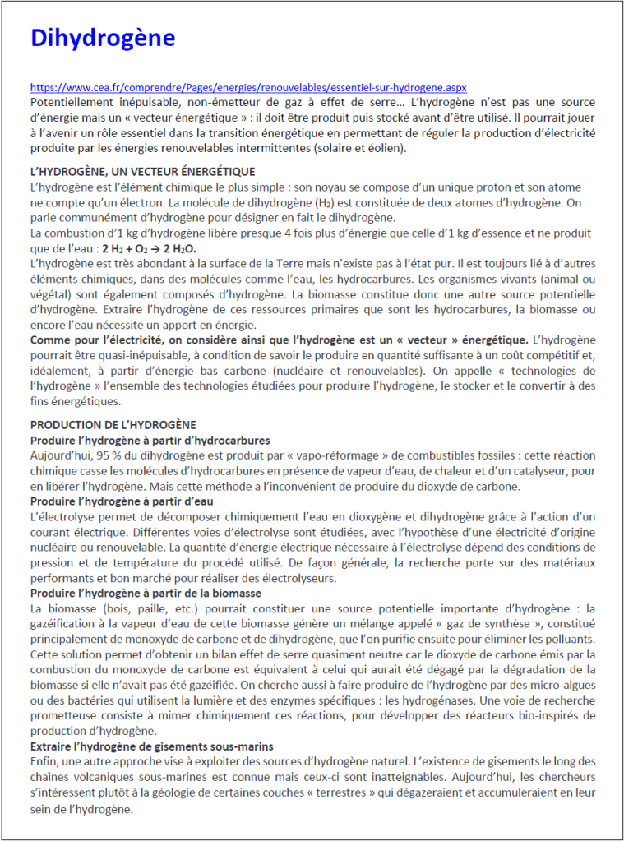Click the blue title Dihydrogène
tap(103, 39)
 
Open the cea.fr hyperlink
tap(248, 87)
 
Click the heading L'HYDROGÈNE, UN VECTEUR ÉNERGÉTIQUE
tap(142, 171)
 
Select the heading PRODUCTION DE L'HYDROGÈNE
tap(113, 424)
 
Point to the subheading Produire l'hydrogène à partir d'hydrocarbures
tap(150, 440)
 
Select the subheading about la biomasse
tap(146, 593)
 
